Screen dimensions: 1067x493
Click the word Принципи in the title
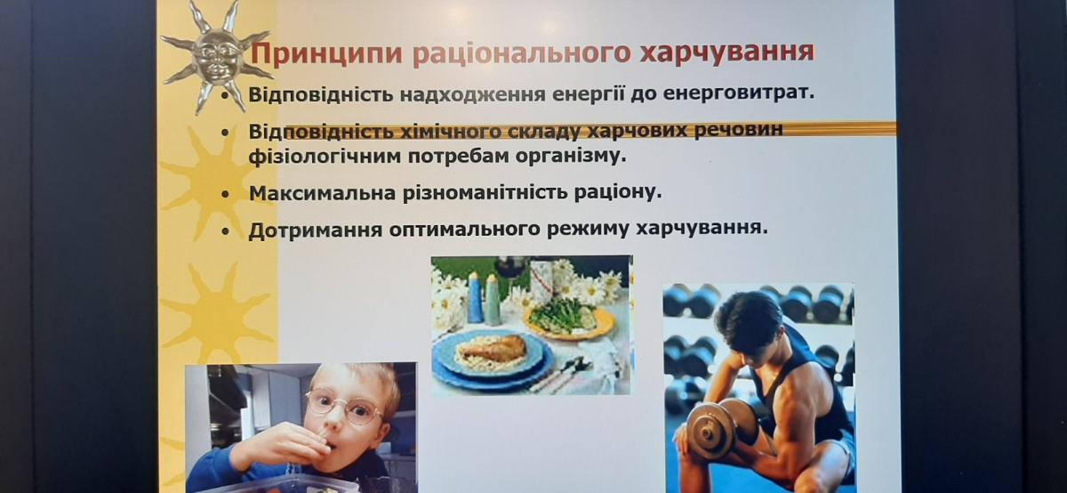click(x=326, y=54)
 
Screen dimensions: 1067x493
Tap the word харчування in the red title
click(x=727, y=53)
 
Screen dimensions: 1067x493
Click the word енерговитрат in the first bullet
click(x=739, y=93)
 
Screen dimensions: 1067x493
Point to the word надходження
click(x=472, y=95)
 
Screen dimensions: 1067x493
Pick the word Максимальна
click(x=323, y=193)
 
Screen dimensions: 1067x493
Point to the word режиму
click(x=588, y=230)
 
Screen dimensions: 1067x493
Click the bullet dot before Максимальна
click(x=225, y=194)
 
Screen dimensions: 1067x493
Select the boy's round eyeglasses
click(x=343, y=405)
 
